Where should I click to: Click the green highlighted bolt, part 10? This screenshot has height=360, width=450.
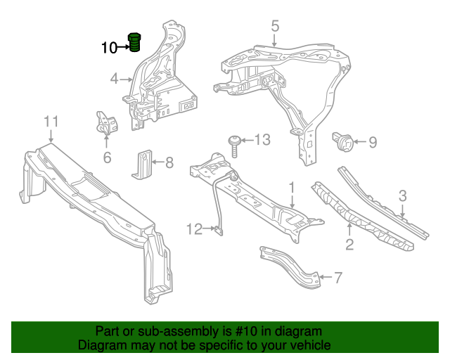coord(134,42)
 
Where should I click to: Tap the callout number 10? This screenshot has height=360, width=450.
coord(110,48)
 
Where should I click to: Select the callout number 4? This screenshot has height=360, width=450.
coord(114,79)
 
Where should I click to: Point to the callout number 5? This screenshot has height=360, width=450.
coord(275,26)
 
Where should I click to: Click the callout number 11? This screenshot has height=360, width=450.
coord(51,122)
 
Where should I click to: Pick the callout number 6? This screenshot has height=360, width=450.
coord(107,157)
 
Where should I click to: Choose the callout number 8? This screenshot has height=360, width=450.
coord(169,162)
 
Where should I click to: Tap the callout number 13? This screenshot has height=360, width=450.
coord(262,140)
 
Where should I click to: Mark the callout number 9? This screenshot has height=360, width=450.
coord(373,143)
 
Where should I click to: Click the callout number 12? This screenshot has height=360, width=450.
coord(194,229)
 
